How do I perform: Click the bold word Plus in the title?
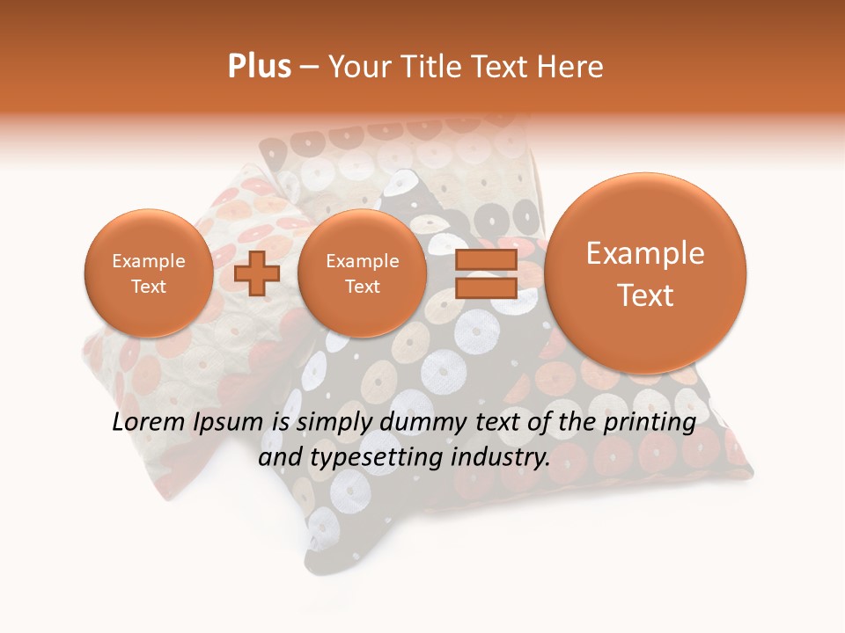[x=259, y=67]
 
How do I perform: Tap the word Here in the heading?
[x=570, y=67]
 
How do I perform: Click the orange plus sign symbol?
[x=257, y=273]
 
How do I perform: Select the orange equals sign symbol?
[x=485, y=273]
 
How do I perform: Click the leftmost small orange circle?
[x=148, y=273]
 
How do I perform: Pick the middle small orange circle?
[x=362, y=273]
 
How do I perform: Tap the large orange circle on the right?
[x=645, y=273]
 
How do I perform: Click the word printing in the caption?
[x=649, y=423]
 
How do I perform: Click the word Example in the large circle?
[x=645, y=253]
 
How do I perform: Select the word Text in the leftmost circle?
[x=148, y=287]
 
